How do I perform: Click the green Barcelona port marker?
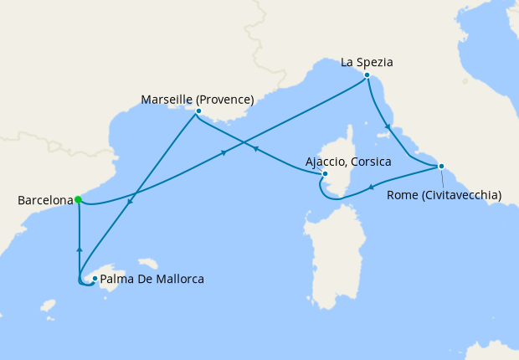point(78,199)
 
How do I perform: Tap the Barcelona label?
point(43,201)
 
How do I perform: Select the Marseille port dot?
point(198,111)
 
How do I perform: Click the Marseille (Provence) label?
point(198,100)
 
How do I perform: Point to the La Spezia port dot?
point(367,75)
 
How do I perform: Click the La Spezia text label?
point(367,62)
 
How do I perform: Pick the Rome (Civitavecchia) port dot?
point(441,166)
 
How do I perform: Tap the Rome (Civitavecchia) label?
point(444,195)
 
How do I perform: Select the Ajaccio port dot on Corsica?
point(325,174)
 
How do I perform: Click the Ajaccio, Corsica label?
point(347,161)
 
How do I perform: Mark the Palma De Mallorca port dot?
point(95,279)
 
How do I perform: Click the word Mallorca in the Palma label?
point(178,279)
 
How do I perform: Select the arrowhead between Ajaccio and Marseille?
point(254,149)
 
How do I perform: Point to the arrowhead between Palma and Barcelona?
point(79,249)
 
